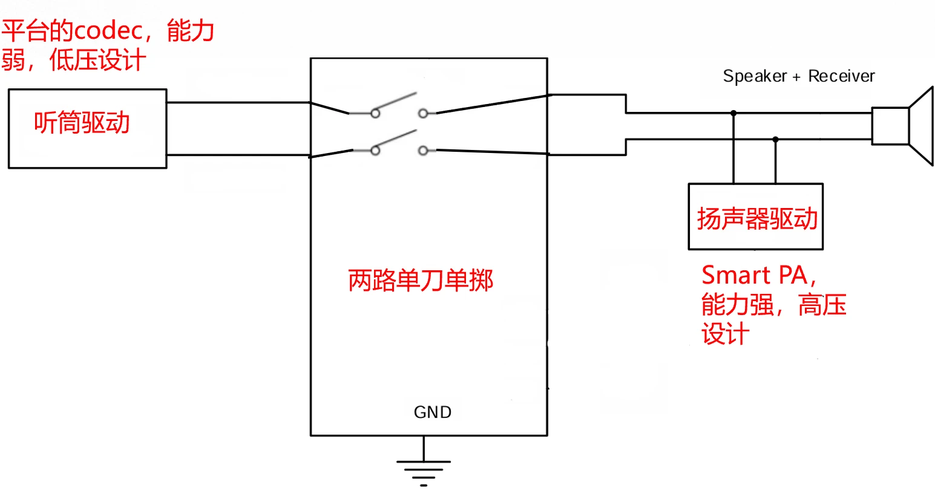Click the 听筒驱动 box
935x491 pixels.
pyautogui.click(x=87, y=128)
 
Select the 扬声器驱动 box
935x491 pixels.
pyautogui.click(x=755, y=216)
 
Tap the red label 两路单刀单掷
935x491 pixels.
pyautogui.click(x=421, y=281)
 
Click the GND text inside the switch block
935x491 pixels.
pyautogui.click(x=432, y=412)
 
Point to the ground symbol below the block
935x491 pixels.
pyautogui.click(x=424, y=469)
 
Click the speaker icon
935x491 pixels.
pyautogui.click(x=902, y=126)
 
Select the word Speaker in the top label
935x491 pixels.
pyautogui.click(x=755, y=77)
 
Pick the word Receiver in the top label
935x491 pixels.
pyautogui.click(x=841, y=76)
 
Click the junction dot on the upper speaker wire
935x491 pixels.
pyautogui.click(x=733, y=112)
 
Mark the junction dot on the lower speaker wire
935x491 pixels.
pyautogui.click(x=776, y=139)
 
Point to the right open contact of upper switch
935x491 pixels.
pyautogui.click(x=423, y=113)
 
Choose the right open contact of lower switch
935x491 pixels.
pyautogui.click(x=423, y=150)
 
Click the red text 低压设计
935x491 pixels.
pyautogui.click(x=98, y=60)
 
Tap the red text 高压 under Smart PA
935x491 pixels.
pyautogui.click(x=822, y=305)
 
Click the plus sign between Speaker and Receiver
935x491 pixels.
pyautogui.click(x=796, y=77)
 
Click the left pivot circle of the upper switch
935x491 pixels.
pyautogui.click(x=375, y=113)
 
